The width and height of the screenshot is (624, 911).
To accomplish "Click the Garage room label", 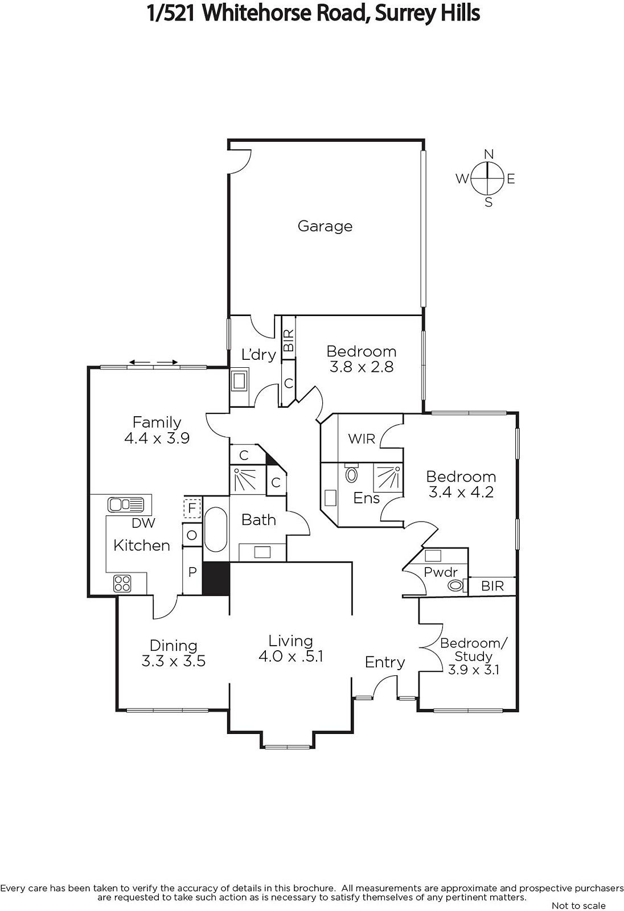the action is click(325, 226).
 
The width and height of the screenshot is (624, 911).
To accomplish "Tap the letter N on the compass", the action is click(489, 154).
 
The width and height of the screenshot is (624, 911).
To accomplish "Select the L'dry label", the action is click(258, 355).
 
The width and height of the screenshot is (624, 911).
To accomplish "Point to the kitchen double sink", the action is click(126, 504).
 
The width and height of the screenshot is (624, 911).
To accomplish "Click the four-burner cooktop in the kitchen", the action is click(122, 584).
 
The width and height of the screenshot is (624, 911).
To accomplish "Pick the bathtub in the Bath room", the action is click(216, 529).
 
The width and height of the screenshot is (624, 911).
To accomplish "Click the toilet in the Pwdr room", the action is click(457, 586).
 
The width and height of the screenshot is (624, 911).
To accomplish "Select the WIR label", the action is click(361, 439).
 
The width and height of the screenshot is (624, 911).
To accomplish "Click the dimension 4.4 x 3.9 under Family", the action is click(157, 438).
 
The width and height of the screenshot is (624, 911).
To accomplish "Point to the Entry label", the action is click(385, 663).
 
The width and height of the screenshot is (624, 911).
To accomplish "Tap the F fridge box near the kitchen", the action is click(192, 508).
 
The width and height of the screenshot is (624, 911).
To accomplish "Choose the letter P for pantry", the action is click(192, 572).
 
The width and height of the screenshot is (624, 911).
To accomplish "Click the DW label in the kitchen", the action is click(143, 523).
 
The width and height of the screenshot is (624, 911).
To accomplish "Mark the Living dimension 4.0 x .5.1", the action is click(291, 656).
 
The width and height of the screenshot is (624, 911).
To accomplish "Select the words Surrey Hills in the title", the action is click(427, 14).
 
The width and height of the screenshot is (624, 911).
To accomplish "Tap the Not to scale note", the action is click(578, 905).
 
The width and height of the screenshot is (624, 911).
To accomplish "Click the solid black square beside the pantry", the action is click(216, 578).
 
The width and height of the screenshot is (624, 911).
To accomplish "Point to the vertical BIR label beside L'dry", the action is click(289, 340).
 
